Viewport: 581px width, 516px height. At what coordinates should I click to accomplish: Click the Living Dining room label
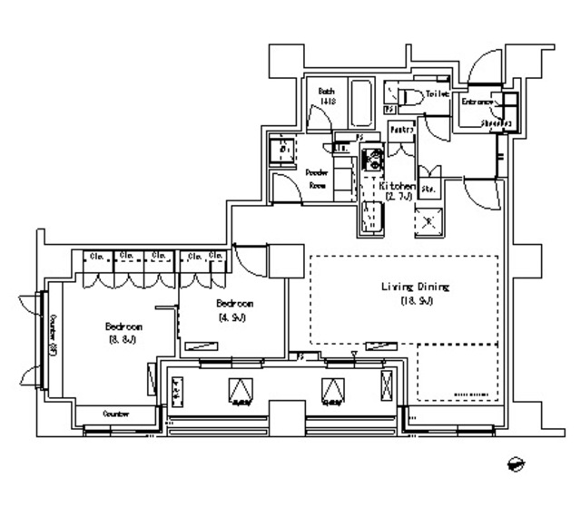click(x=415, y=287)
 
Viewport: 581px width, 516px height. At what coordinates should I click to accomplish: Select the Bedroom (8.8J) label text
click(x=123, y=326)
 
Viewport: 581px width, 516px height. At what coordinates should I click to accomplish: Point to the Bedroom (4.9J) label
click(x=234, y=304)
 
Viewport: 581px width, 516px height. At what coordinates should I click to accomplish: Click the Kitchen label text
click(x=397, y=184)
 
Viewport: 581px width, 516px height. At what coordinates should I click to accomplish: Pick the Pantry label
click(x=401, y=131)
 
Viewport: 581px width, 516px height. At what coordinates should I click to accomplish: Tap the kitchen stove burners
click(x=372, y=163)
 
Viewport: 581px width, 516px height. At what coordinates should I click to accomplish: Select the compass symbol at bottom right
click(x=518, y=463)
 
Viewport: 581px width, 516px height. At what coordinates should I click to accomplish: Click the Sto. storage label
click(x=428, y=189)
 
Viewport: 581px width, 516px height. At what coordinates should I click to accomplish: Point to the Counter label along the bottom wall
click(x=116, y=414)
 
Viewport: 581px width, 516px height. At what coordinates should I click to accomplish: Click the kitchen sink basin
click(x=372, y=218)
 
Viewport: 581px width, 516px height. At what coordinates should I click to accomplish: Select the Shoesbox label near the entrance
click(x=496, y=123)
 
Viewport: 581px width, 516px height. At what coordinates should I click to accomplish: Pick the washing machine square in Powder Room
click(x=283, y=150)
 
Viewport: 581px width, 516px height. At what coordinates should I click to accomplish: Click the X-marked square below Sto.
click(x=428, y=220)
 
